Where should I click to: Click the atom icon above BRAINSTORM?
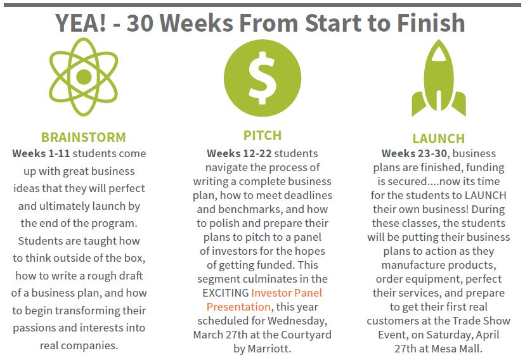[x=84, y=77]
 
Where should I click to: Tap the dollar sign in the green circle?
[x=262, y=78]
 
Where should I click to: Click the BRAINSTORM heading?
[x=83, y=137]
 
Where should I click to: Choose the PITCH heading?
[x=262, y=136]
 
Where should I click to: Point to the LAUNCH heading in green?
[x=439, y=139]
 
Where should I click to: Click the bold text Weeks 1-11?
[x=41, y=153]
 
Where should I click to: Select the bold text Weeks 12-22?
[x=239, y=153]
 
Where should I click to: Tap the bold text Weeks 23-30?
[x=414, y=153]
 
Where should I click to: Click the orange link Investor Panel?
[x=287, y=293]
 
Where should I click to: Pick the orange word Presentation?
[x=238, y=307]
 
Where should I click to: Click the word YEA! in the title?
[x=81, y=23]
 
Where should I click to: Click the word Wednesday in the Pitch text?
[x=297, y=321]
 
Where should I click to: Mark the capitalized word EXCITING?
[x=226, y=293]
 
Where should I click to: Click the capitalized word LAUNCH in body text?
[x=485, y=195]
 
